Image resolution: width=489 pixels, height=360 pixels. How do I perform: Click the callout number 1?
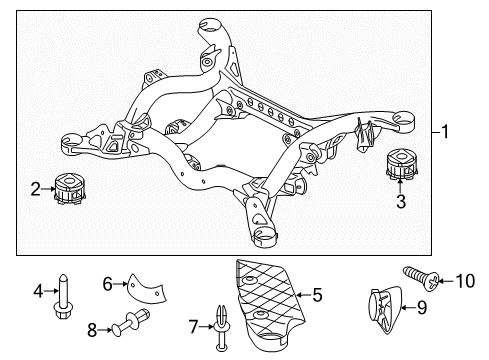445,132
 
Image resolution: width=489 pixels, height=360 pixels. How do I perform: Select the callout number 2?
36,189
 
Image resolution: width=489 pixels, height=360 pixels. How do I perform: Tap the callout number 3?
401,202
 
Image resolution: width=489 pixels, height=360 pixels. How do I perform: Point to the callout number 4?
38,291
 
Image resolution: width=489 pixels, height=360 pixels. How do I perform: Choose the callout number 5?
317,295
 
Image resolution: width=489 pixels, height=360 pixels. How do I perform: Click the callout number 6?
108,284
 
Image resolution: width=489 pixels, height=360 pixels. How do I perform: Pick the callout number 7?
193,327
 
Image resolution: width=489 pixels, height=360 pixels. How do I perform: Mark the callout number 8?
92,330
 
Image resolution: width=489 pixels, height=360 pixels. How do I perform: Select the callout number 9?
422,307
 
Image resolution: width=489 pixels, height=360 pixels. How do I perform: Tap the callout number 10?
465,281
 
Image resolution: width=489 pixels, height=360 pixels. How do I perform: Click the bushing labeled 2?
69,189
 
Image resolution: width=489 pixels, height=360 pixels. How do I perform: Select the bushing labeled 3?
401,165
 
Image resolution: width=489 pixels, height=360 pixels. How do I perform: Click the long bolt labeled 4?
63,296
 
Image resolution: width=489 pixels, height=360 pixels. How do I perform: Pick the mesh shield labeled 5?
269,305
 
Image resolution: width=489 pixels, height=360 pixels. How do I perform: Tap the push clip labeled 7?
222,328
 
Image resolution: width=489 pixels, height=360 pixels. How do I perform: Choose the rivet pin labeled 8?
130,322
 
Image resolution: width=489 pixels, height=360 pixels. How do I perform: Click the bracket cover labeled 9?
384,309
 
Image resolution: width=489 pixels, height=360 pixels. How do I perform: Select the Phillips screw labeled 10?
422,278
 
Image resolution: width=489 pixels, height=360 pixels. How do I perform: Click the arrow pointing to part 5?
303,295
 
